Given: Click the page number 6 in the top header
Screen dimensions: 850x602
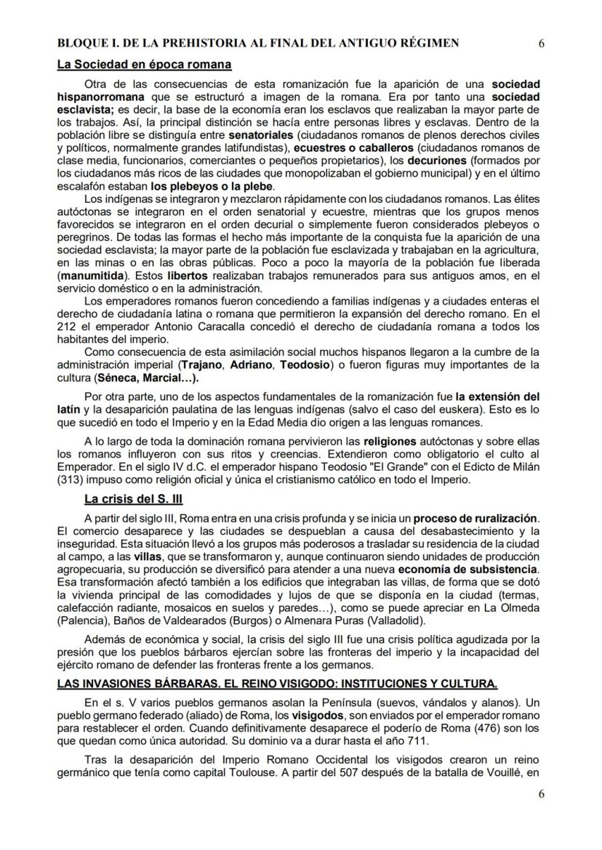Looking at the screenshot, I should [542, 43].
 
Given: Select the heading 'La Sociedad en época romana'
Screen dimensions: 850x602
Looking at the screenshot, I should [144, 65].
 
